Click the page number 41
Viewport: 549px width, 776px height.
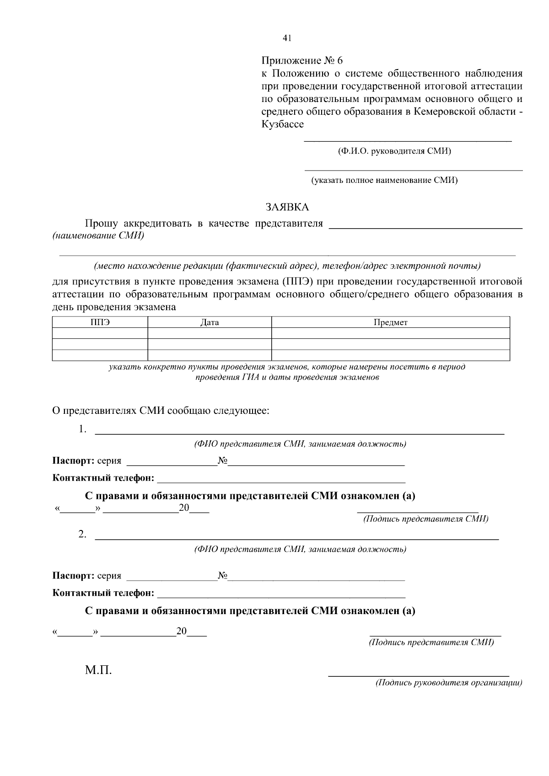[x=287, y=38]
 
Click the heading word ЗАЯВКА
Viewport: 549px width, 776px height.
[x=287, y=207]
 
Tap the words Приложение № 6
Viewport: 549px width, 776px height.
[x=301, y=61]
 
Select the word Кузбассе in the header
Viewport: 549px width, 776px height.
[x=282, y=124]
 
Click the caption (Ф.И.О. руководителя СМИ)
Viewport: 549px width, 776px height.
[x=394, y=151]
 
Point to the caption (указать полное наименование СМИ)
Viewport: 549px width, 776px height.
[x=384, y=180]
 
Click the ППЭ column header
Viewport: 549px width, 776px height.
[x=100, y=322]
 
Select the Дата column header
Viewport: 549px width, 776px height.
[x=210, y=322]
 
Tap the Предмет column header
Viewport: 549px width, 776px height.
[x=390, y=322]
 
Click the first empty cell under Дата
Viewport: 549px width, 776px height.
[x=210, y=333]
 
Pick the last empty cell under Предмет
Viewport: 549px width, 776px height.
[x=390, y=355]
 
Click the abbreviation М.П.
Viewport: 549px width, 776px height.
[x=98, y=671]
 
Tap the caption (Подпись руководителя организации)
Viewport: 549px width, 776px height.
[x=448, y=683]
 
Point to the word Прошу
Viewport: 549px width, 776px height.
[x=101, y=224]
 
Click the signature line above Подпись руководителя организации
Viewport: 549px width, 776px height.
[x=419, y=674]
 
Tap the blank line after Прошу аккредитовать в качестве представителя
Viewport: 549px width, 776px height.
[x=425, y=226]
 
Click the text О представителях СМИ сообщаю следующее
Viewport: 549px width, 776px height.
[x=161, y=411]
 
